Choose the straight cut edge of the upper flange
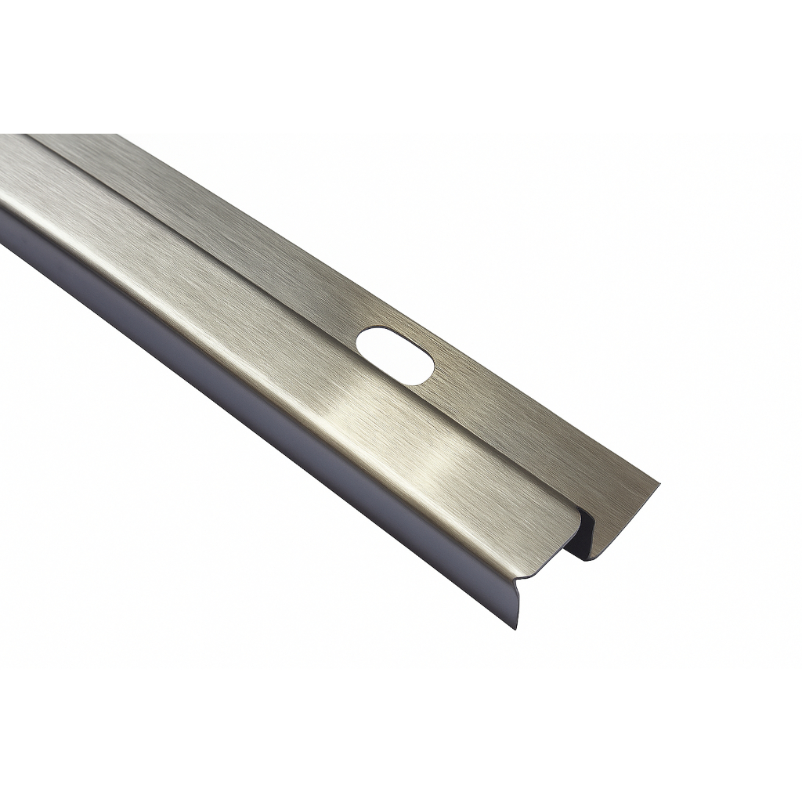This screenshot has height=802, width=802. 627,517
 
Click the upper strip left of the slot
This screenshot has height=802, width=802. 235,235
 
